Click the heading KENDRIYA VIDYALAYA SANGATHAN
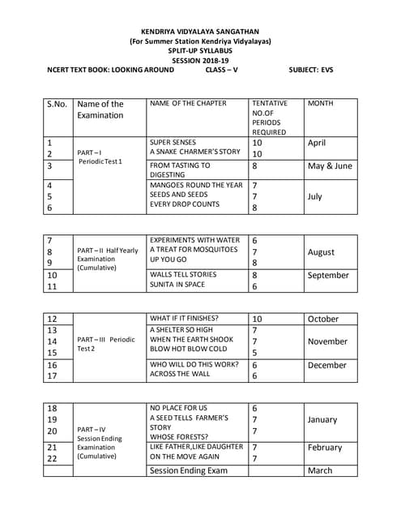tap(200, 30)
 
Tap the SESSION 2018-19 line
tap(200, 60)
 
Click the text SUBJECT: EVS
tap(311, 70)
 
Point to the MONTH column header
tap(321, 104)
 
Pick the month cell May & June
tap(330, 165)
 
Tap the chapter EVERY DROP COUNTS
tap(185, 205)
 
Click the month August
tap(321, 252)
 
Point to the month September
tap(328, 275)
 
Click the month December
tap(326, 365)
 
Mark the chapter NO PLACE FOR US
tap(178, 408)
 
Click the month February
tap(325, 447)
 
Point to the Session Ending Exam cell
tap(188, 470)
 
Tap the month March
tap(320, 470)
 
